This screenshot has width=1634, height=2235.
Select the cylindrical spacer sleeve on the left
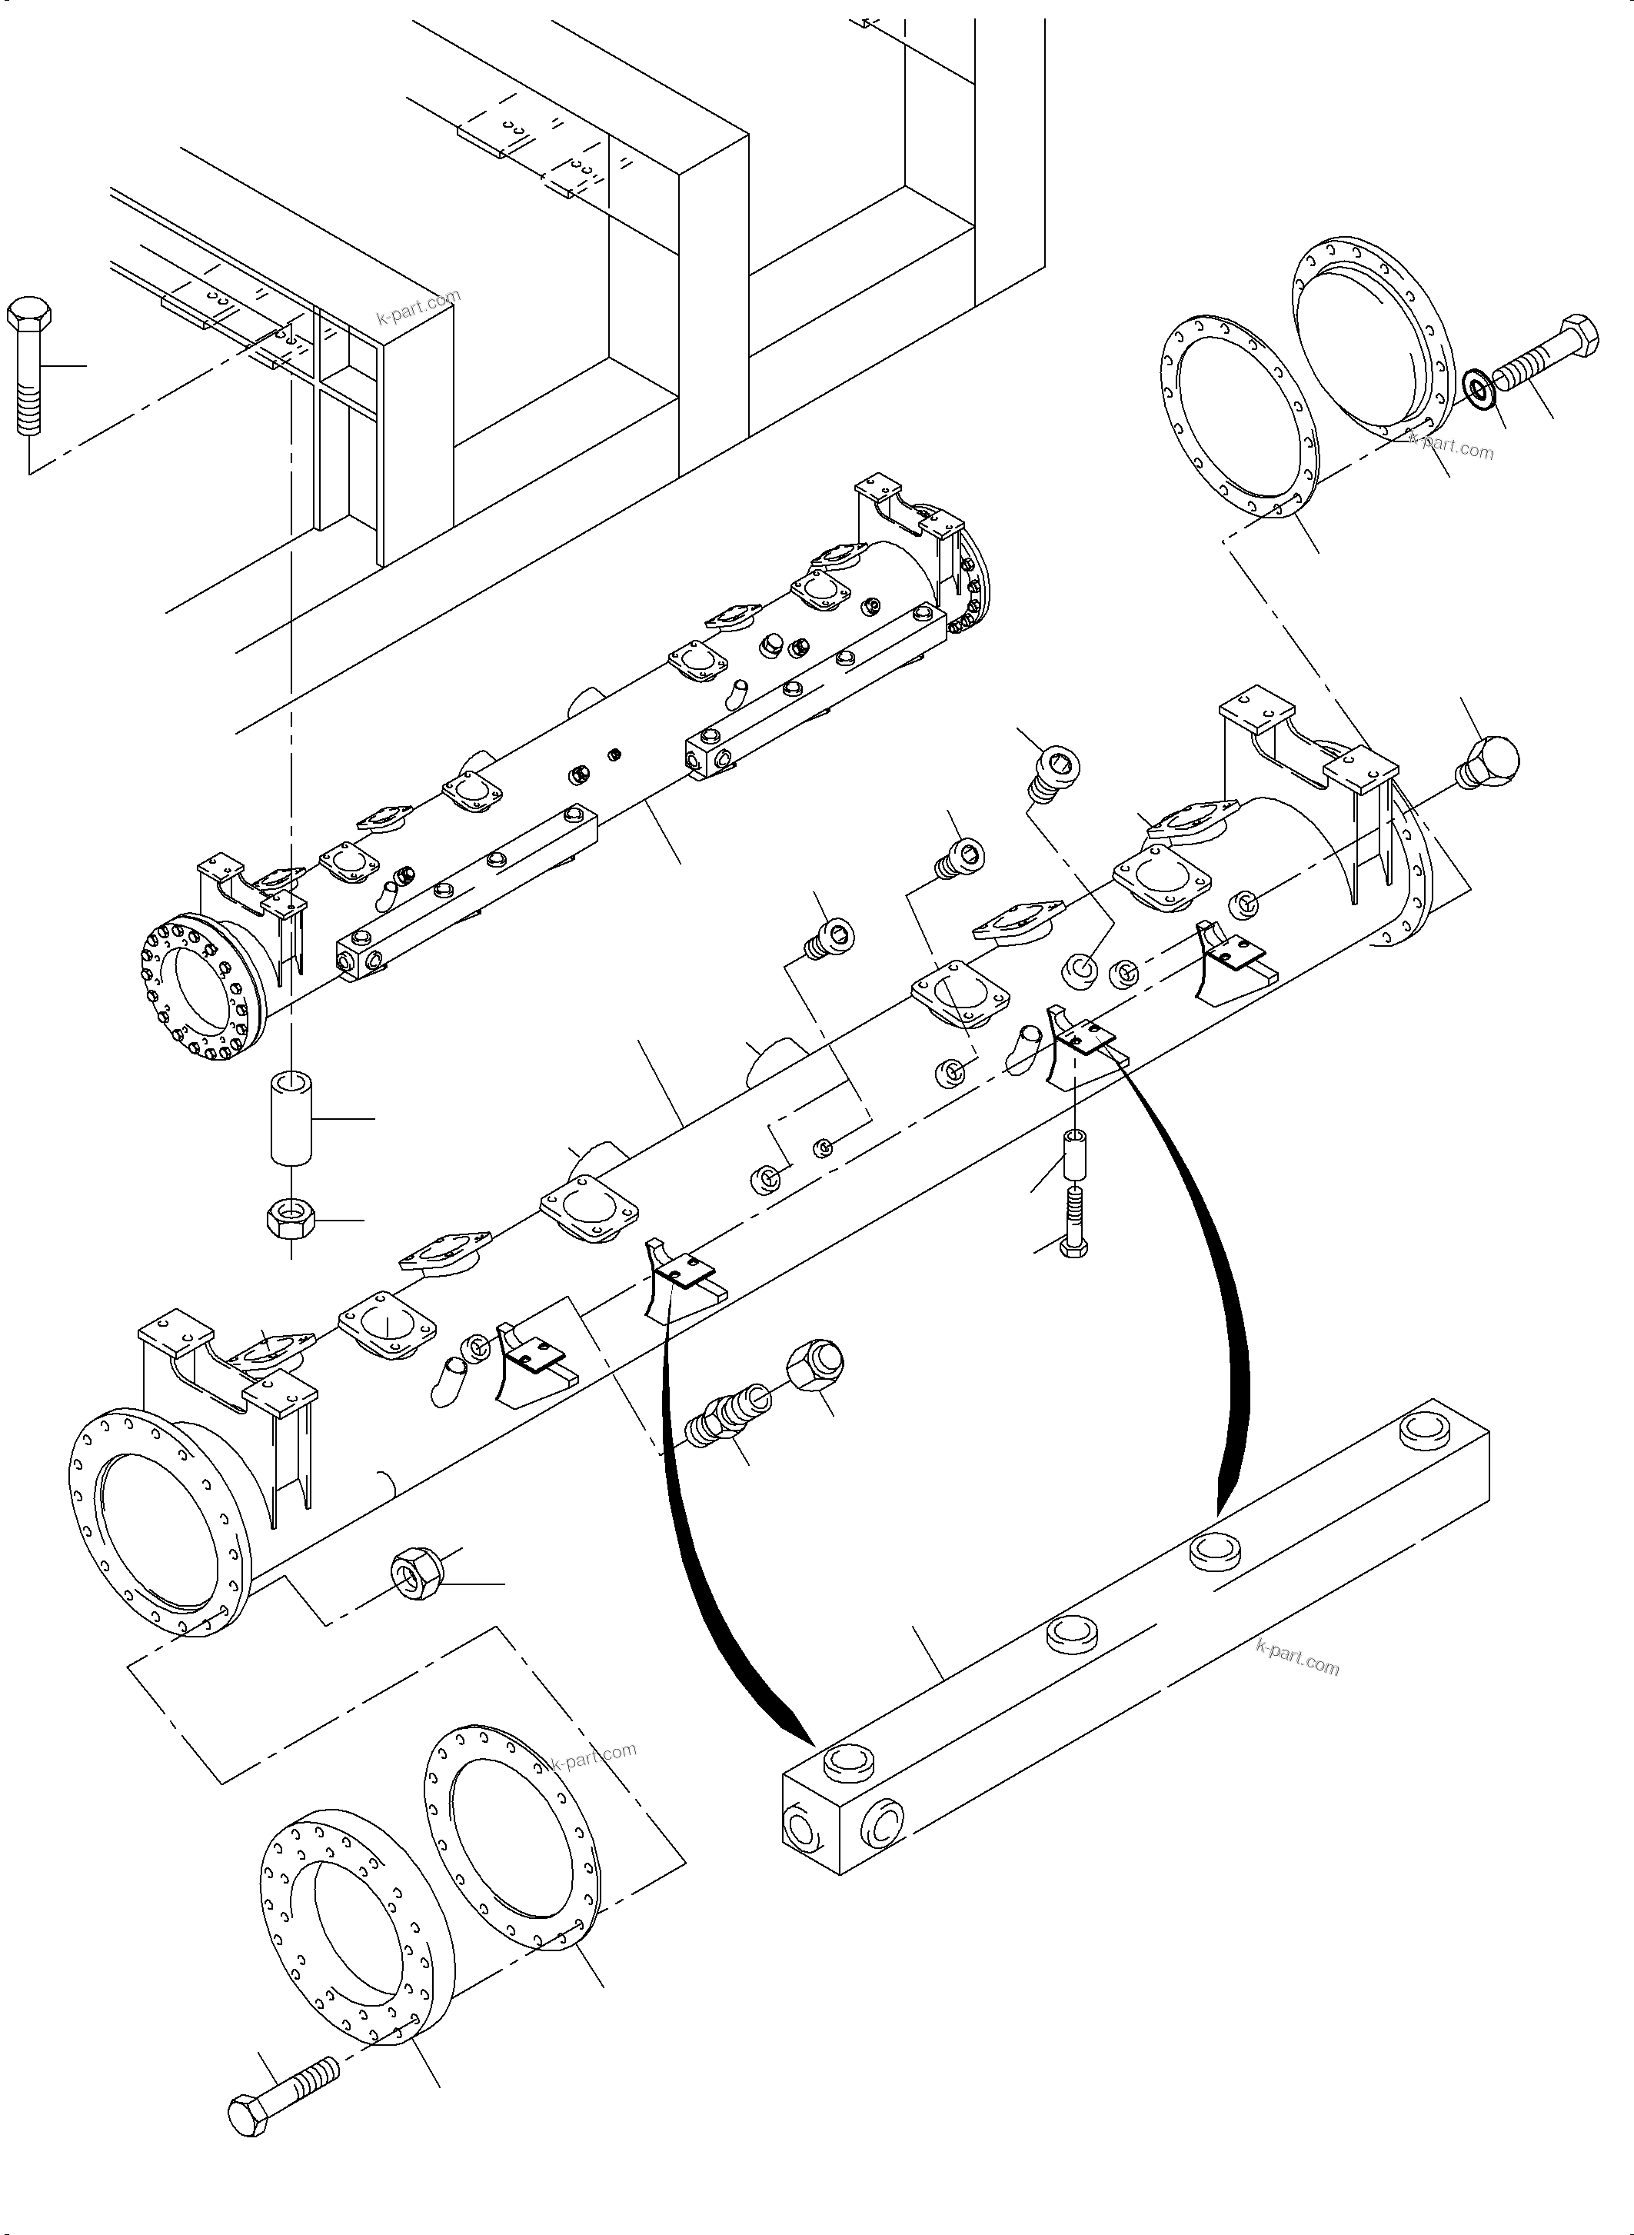[291, 1116]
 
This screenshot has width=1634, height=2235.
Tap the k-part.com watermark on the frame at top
[418, 307]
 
